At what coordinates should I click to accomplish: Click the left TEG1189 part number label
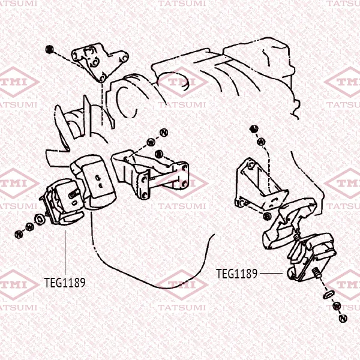pyautogui.click(x=65, y=283)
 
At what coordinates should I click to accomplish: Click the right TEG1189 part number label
pyautogui.click(x=237, y=274)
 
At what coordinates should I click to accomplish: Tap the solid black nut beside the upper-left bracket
pyautogui.click(x=49, y=49)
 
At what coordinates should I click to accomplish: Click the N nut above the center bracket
pyautogui.click(x=164, y=133)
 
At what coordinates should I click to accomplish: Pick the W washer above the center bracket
pyautogui.click(x=151, y=143)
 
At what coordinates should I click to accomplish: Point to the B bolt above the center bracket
pyautogui.click(x=158, y=154)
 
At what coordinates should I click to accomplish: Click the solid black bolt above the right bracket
pyautogui.click(x=254, y=129)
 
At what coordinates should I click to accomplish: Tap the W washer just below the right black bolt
pyautogui.click(x=261, y=142)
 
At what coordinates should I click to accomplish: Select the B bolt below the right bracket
pyautogui.click(x=267, y=216)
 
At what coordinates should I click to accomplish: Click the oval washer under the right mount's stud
pyautogui.click(x=329, y=295)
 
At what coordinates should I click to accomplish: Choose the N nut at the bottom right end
pyautogui.click(x=343, y=318)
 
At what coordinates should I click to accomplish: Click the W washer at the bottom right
pyautogui.click(x=337, y=306)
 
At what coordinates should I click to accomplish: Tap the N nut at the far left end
pyautogui.click(x=19, y=234)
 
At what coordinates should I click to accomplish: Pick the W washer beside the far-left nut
pyautogui.click(x=30, y=227)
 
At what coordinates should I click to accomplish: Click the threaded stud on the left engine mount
pyautogui.click(x=74, y=194)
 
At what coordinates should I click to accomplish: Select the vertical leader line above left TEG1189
pyautogui.click(x=65, y=252)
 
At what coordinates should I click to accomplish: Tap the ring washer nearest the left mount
pyautogui.click(x=40, y=219)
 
